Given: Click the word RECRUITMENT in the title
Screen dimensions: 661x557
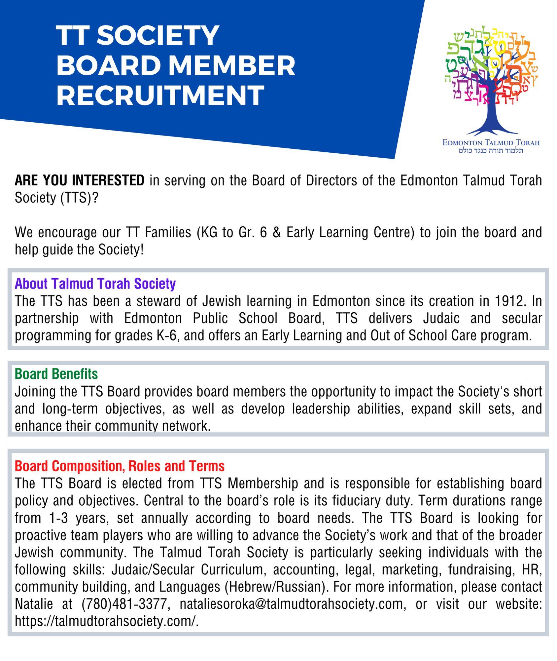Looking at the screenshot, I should pos(160,96).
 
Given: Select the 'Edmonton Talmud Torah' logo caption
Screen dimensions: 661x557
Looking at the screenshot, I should pos(491,143).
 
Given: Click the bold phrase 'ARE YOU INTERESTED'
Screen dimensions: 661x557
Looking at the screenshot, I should pos(80,180).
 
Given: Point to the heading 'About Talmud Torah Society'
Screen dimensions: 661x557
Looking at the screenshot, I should pos(95,284).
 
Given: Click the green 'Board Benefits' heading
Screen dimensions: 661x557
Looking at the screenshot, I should pos(56,374).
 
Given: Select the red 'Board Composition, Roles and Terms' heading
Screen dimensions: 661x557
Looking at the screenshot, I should pos(120,466).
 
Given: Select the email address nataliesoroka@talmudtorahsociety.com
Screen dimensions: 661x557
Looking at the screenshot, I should pos(292,604).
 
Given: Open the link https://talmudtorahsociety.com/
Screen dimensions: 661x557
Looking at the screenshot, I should pos(106,621).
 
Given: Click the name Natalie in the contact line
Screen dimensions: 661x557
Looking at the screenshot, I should pos(34,604).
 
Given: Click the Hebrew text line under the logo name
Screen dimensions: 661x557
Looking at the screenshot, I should pos(491,151).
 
